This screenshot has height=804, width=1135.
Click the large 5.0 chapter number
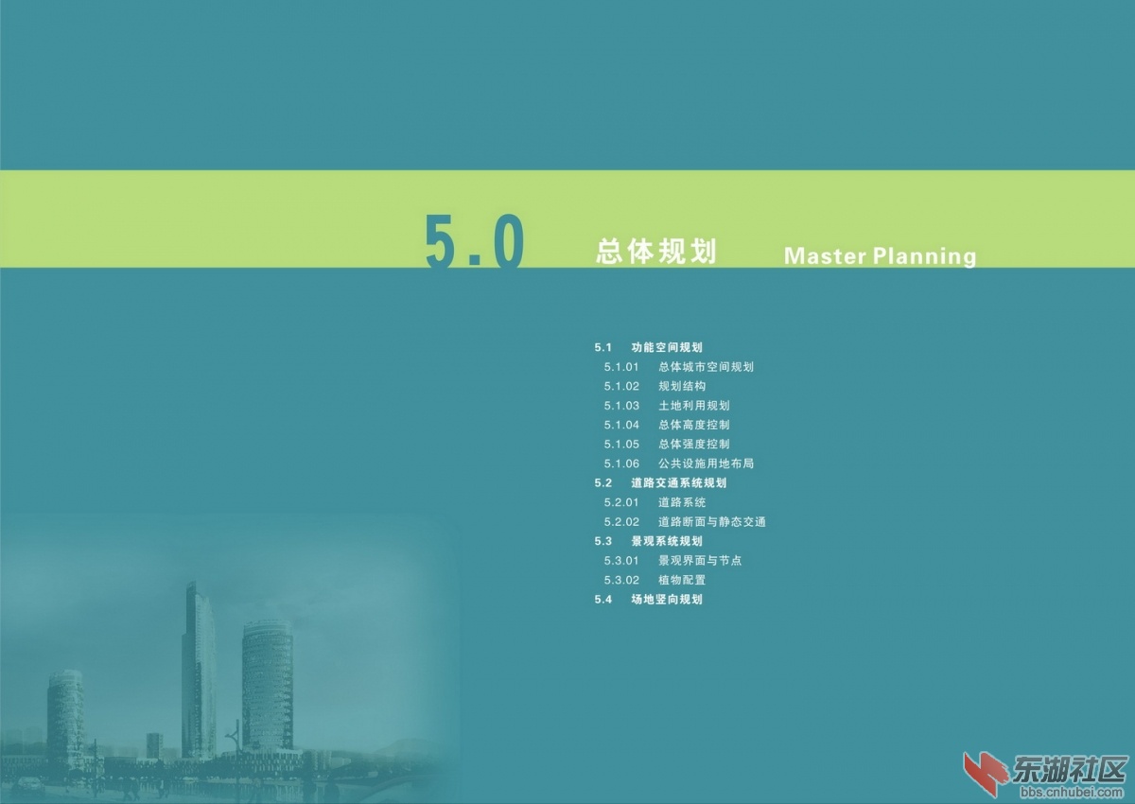pos(474,240)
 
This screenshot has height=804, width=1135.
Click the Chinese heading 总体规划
pos(656,252)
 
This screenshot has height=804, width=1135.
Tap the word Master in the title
pos(825,255)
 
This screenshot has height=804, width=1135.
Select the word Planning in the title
pos(924,256)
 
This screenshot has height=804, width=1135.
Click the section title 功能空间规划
pos(667,347)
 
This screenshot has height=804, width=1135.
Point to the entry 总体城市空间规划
pos(706,367)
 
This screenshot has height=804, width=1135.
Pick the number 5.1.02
pos(621,387)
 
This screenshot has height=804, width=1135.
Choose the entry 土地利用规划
pos(693,406)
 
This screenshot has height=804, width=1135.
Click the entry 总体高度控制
pos(693,425)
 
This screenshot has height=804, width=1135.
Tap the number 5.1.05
pos(621,445)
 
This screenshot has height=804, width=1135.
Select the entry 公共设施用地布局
pos(706,463)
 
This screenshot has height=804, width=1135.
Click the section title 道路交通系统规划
pos(679,482)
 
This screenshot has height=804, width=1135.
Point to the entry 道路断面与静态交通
pos(712,522)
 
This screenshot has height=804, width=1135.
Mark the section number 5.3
pos(603,542)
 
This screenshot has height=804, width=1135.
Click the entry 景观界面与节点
pos(700,561)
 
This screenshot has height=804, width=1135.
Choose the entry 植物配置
pos(682,580)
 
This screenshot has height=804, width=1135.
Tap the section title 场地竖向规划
pos(667,600)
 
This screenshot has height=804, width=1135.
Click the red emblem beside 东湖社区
pos(985,773)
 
